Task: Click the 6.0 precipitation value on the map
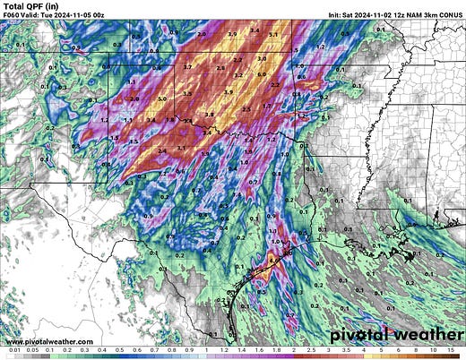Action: (x=263, y=74)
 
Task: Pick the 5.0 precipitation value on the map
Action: (x=162, y=99)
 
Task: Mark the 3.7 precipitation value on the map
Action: (x=187, y=67)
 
